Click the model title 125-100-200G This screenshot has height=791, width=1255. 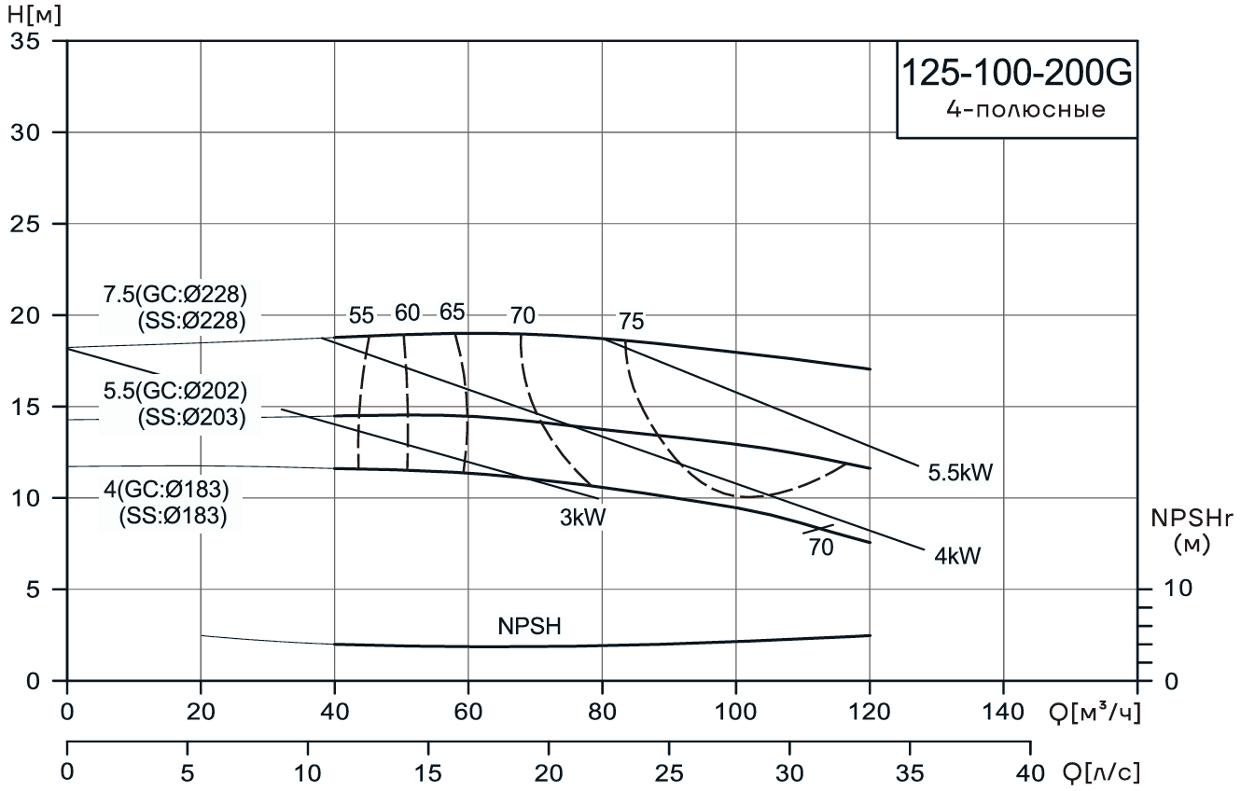click(x=1016, y=75)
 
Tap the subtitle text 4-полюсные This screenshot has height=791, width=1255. click(x=1025, y=110)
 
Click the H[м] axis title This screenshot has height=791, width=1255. click(x=34, y=14)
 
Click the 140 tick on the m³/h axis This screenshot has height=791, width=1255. click(x=1003, y=715)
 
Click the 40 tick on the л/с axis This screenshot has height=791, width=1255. click(x=1029, y=773)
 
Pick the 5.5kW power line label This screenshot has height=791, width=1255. click(x=959, y=473)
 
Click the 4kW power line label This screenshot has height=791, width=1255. click(x=956, y=557)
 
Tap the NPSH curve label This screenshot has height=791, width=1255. click(x=529, y=627)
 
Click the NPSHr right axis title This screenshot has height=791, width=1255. click(x=1192, y=532)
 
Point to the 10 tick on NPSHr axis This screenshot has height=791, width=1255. click(x=1178, y=590)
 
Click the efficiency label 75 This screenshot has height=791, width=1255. click(x=631, y=323)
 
